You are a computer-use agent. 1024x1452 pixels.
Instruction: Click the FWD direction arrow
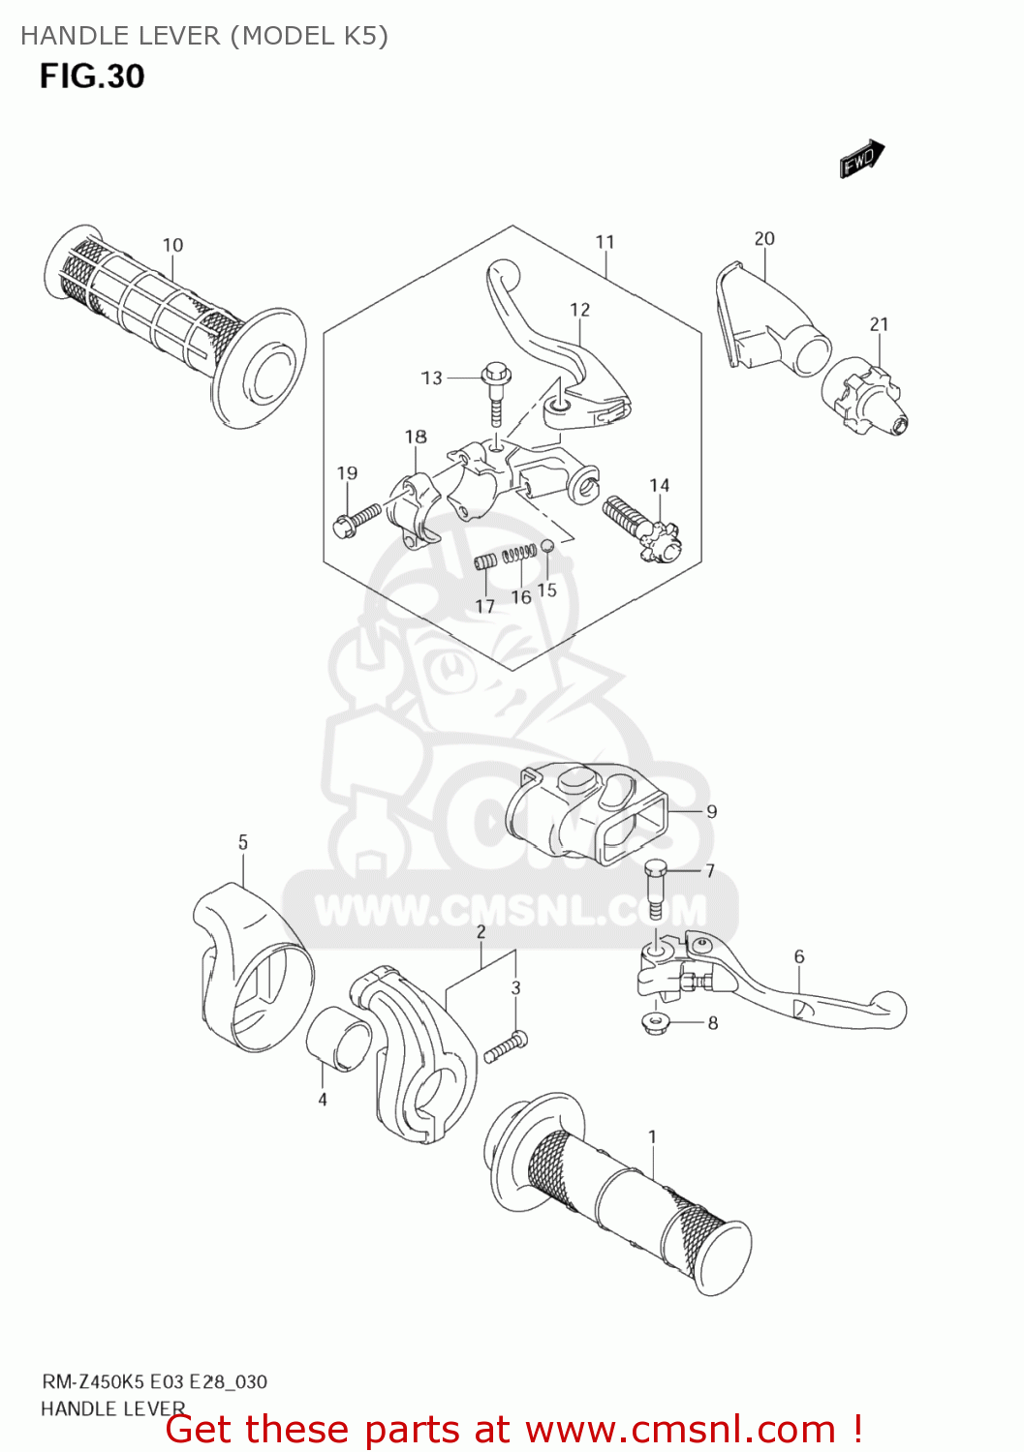pyautogui.click(x=861, y=159)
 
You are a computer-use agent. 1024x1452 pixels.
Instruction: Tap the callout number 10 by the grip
pyautogui.click(x=172, y=245)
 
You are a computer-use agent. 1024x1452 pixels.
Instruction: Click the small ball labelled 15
pyautogui.click(x=546, y=547)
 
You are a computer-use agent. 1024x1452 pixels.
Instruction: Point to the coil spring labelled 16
pyautogui.click(x=520, y=554)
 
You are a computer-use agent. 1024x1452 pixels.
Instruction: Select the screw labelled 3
pyautogui.click(x=505, y=1047)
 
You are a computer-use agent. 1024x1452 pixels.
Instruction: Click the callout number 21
pyautogui.click(x=879, y=324)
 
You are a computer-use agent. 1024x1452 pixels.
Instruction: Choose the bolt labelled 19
pyautogui.click(x=357, y=520)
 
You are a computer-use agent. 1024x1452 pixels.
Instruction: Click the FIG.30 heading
pyautogui.click(x=92, y=76)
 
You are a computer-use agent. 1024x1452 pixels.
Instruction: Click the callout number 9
pyautogui.click(x=711, y=811)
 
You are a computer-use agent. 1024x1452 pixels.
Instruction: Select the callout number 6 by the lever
pyautogui.click(x=798, y=956)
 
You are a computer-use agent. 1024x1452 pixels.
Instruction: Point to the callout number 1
pyautogui.click(x=652, y=1136)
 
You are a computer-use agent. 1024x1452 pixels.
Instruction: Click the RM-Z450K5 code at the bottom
pyautogui.click(x=93, y=1381)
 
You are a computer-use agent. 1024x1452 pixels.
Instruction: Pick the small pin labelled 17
pyautogui.click(x=485, y=561)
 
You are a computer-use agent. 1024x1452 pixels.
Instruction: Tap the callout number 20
pyautogui.click(x=764, y=238)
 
